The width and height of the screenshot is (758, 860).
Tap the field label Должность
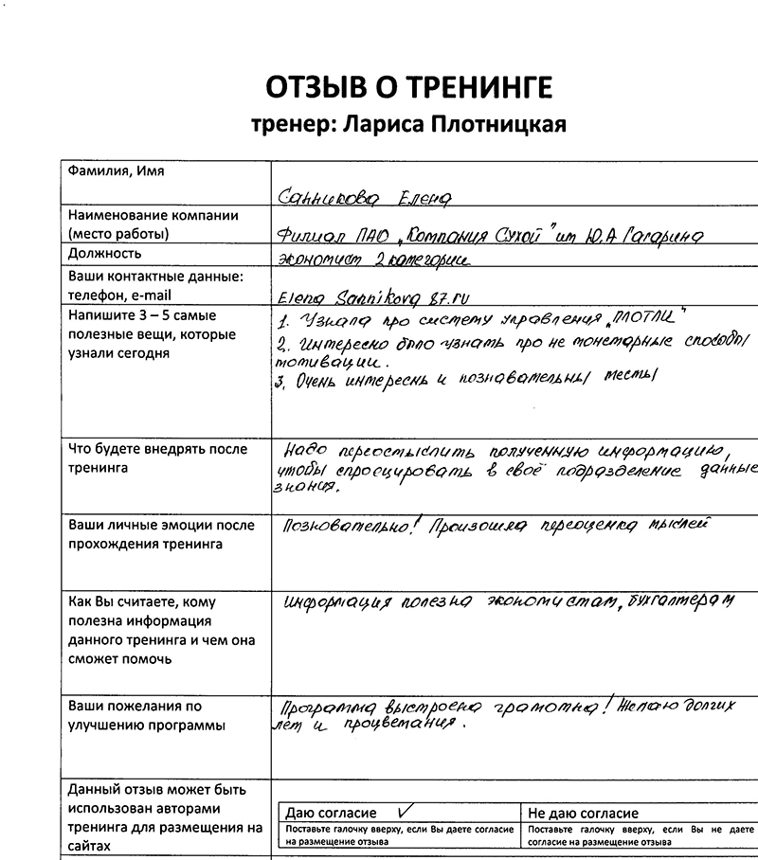(x=105, y=253)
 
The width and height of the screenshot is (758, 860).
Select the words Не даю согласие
(x=583, y=813)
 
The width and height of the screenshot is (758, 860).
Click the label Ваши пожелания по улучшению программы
(x=147, y=716)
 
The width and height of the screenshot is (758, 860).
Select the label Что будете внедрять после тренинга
(x=157, y=457)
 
